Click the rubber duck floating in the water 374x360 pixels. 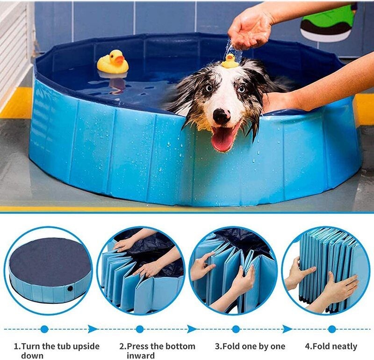(113, 62)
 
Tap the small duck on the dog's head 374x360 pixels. (230, 61)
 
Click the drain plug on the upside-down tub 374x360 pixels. (70, 288)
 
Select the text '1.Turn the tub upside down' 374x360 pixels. (56, 351)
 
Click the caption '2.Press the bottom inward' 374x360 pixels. (157, 351)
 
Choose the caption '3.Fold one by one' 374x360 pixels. (250, 346)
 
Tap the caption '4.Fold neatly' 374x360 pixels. (331, 346)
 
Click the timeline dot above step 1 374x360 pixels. (44, 329)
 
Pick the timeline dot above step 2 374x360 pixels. (139, 329)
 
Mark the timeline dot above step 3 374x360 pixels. (236, 329)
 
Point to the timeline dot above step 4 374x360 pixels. (332, 329)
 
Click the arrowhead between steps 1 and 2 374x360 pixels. (93, 329)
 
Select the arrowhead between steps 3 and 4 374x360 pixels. (286, 329)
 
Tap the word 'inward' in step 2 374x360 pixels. (140, 356)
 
